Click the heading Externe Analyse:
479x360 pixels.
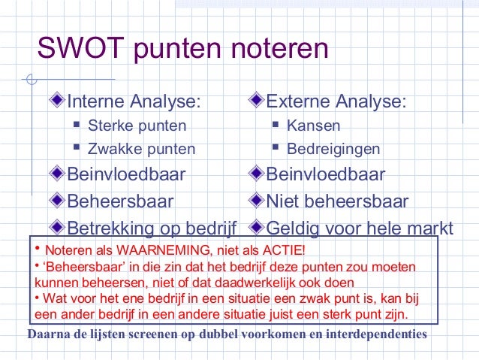click(337, 101)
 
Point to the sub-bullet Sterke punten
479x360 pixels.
click(137, 126)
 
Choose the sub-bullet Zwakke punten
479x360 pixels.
click(141, 149)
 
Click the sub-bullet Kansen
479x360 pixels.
click(314, 126)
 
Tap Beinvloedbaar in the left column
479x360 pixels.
click(127, 175)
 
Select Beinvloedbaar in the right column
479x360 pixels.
click(326, 175)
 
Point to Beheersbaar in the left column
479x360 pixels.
click(120, 201)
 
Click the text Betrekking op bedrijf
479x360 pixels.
click(152, 227)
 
